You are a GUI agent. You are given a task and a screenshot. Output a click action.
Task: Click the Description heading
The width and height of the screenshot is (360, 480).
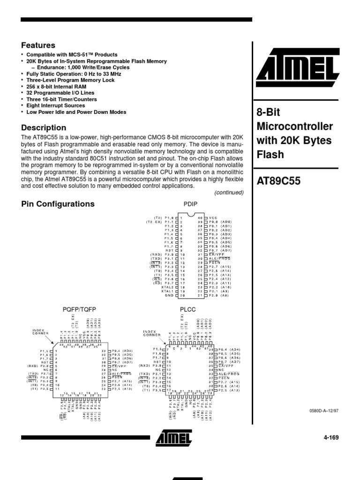tap(44, 127)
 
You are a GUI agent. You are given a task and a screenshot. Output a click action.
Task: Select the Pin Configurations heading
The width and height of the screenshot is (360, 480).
tap(58, 204)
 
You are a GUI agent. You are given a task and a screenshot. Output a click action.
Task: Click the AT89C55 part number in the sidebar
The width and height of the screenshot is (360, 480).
tap(279, 181)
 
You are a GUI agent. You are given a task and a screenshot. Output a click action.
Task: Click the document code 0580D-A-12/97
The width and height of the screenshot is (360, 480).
tap(324, 411)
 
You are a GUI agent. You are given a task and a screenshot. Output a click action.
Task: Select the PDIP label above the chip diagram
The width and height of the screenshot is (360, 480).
tap(191, 205)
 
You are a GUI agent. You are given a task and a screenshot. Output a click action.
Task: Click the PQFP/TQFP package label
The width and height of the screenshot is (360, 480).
tap(79, 310)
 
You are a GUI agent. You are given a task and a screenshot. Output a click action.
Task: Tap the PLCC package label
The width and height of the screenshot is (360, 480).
tap(187, 310)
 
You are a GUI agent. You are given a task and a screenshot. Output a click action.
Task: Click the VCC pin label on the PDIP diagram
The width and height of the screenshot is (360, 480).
tap(213, 218)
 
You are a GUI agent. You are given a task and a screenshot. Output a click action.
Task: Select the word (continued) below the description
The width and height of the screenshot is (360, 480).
tap(229, 193)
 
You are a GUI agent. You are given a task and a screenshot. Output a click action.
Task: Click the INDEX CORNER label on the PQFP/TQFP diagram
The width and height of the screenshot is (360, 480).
tap(38, 332)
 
